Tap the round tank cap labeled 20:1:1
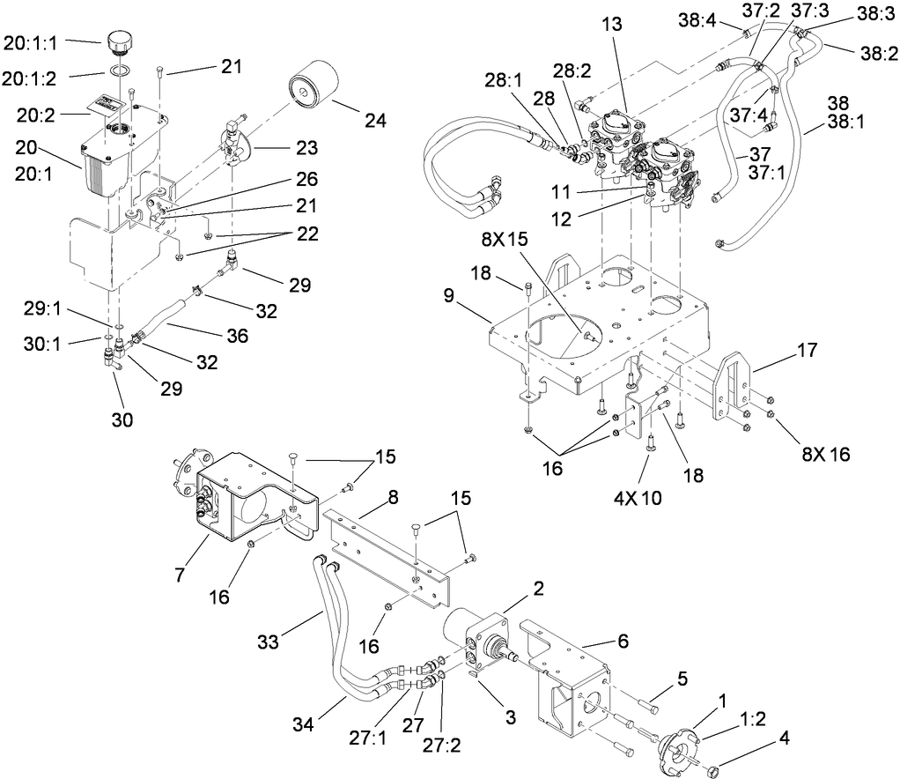point(118,41)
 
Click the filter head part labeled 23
point(237,141)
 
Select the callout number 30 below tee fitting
point(122,421)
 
